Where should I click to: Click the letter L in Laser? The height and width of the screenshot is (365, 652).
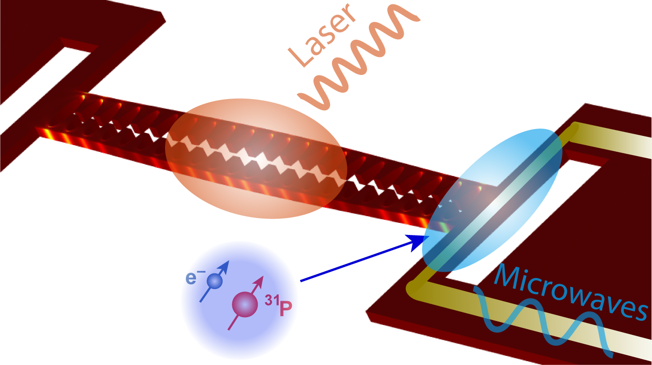(x=300, y=58)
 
